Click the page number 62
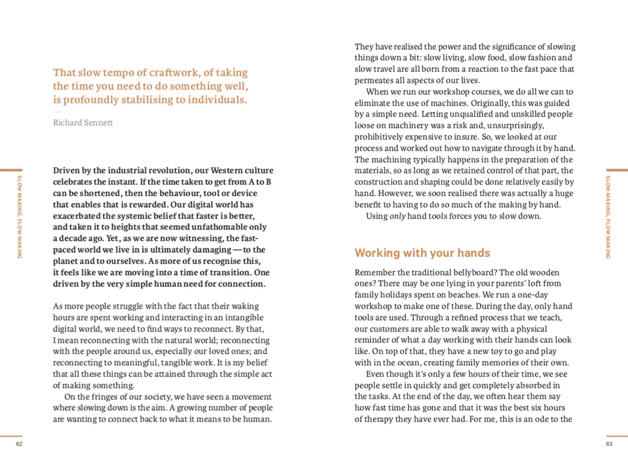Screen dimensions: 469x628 pos(19,443)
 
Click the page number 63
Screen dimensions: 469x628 pos(609,443)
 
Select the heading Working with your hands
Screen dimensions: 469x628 pos(423,253)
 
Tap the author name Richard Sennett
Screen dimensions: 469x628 pos(83,123)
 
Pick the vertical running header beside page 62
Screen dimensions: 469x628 pos(20,213)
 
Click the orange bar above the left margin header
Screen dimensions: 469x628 pos(11,170)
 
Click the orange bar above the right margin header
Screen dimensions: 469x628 pos(616,170)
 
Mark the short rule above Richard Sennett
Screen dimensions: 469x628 pos(57,112)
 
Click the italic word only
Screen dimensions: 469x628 pos(398,216)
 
